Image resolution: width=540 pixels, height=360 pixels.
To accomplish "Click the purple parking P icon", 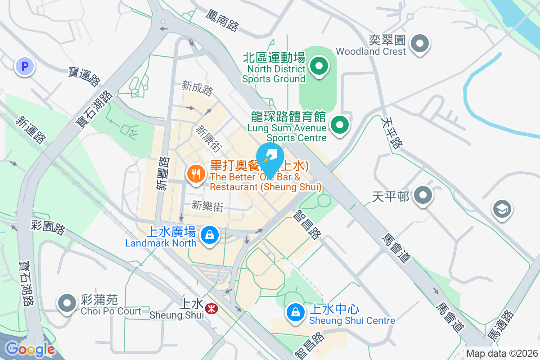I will coord(25,67).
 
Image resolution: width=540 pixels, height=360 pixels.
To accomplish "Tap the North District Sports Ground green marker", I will coord(319,67).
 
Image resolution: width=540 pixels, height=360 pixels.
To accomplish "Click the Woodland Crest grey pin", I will coord(420,44).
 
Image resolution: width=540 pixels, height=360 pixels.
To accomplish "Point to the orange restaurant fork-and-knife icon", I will coord(196,173).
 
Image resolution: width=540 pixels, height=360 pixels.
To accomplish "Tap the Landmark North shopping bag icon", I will coord(209,234).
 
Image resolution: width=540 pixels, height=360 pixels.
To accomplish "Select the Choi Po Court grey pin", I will coord(67,303).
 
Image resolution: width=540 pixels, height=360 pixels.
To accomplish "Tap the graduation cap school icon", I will coord(502,209).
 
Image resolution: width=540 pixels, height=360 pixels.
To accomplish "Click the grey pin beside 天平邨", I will coord(423,195).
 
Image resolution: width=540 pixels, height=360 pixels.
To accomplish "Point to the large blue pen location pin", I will coord(270,159).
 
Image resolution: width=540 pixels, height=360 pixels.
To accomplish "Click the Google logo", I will coord(30,349).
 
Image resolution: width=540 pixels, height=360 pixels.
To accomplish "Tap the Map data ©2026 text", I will coord(502,353).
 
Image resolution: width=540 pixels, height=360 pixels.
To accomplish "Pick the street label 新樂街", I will coord(207,206).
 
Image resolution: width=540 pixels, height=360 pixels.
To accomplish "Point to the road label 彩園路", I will coord(49,227).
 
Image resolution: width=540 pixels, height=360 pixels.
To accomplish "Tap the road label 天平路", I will coord(391,133).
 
